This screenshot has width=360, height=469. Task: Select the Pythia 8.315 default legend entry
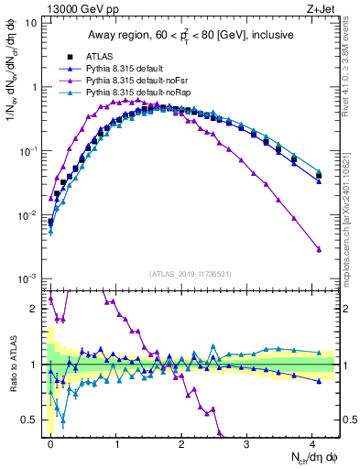129,69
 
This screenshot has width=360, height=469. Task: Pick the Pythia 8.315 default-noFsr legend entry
137,81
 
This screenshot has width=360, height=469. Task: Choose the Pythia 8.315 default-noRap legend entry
138,93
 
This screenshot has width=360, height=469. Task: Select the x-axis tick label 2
181,442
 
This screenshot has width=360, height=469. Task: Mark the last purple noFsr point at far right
319,249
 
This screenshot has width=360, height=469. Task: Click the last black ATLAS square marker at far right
319,174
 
